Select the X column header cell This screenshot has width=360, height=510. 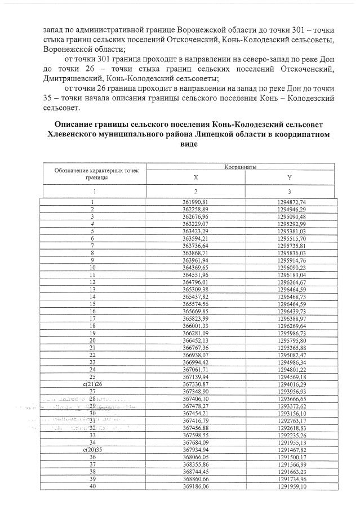point(195,177)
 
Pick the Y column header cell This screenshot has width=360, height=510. point(289,177)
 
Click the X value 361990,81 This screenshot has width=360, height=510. point(195,201)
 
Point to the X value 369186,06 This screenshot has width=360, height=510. point(195,486)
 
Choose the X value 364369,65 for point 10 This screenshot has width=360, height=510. point(195,267)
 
